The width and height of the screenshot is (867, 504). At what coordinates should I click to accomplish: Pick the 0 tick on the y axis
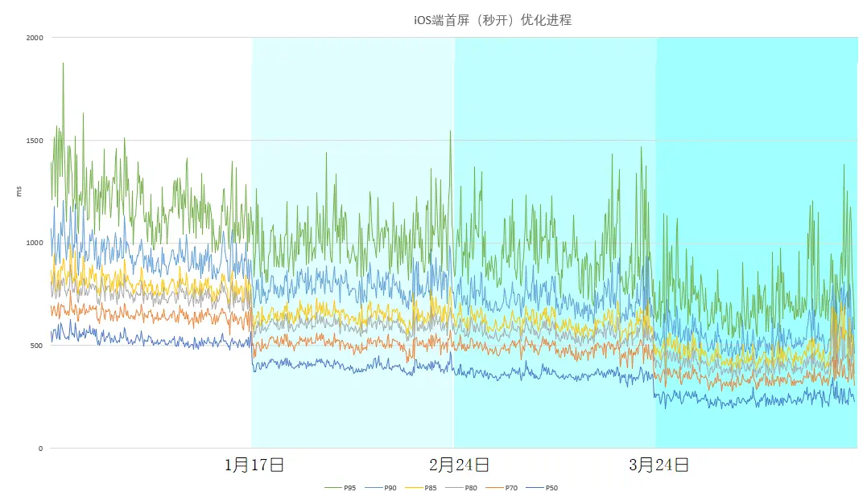pyautogui.click(x=41, y=449)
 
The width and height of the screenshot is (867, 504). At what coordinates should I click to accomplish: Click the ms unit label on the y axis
pyautogui.click(x=19, y=191)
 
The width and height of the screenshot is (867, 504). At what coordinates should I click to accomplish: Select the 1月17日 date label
pyautogui.click(x=254, y=465)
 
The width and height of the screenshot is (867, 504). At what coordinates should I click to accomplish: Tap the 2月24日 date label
pyautogui.click(x=459, y=465)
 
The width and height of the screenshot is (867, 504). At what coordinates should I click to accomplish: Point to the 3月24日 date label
pyautogui.click(x=659, y=465)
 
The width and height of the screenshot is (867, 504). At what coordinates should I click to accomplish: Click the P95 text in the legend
pyautogui.click(x=350, y=488)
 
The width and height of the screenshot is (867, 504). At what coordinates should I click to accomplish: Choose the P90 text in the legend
pyautogui.click(x=390, y=488)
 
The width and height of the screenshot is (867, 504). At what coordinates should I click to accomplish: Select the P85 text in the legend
pyautogui.click(x=431, y=488)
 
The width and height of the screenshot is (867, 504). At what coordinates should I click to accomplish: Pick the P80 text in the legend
pyautogui.click(x=471, y=488)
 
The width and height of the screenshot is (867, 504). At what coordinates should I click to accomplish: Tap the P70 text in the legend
pyautogui.click(x=511, y=488)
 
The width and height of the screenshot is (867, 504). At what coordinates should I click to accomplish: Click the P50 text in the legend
pyautogui.click(x=551, y=488)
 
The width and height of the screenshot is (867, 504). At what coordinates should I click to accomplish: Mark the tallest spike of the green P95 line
pyautogui.click(x=63, y=64)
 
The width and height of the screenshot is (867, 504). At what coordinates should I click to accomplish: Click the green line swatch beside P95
pyautogui.click(x=332, y=488)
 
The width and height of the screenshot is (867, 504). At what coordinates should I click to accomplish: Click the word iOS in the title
pyautogui.click(x=422, y=20)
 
